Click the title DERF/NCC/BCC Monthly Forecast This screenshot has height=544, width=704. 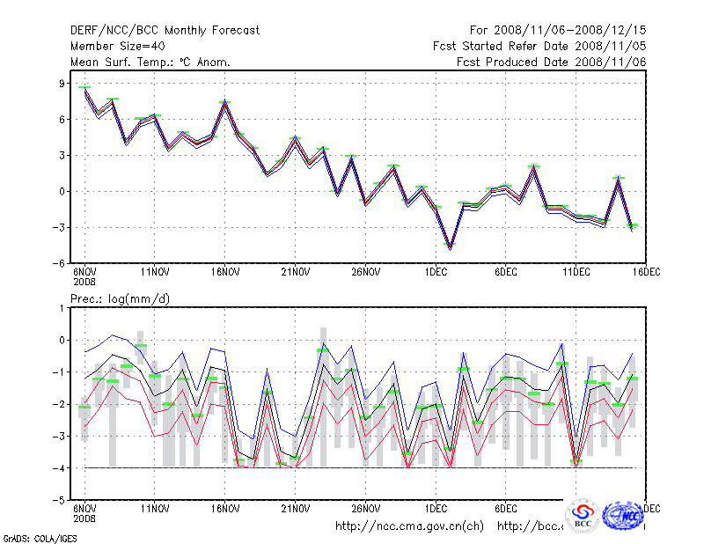point(165,31)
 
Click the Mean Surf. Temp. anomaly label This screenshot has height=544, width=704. point(150,62)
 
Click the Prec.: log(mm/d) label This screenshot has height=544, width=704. point(121,299)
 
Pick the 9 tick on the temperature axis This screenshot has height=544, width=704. point(62,84)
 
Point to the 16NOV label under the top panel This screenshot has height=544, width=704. point(224,272)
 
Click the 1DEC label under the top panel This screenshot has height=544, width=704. point(436,272)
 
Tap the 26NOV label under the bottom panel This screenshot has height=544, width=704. point(365,509)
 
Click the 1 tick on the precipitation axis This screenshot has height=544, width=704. point(62,308)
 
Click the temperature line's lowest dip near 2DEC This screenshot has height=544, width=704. point(450,248)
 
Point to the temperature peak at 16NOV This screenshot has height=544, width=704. point(224,103)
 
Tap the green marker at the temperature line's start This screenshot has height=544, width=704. point(84,87)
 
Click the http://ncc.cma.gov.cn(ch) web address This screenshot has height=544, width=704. point(409,526)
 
